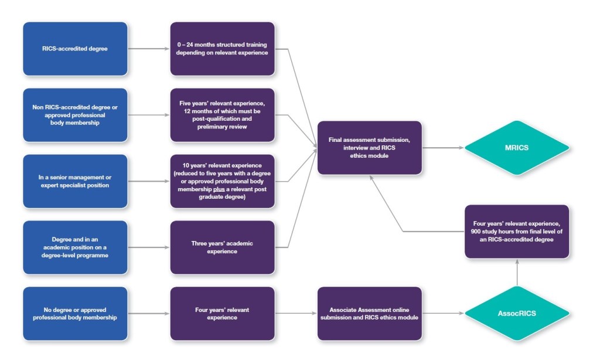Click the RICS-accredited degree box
pyautogui.click(x=75, y=49)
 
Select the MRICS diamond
pyautogui.click(x=516, y=148)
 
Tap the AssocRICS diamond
pyautogui.click(x=516, y=313)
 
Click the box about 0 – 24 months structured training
pyautogui.click(x=222, y=49)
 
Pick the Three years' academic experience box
pyautogui.click(x=222, y=247)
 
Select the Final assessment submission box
pyautogui.click(x=369, y=148)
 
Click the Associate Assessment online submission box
pyautogui.click(x=369, y=313)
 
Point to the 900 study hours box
pyautogui.click(x=517, y=231)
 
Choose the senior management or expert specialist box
pyautogui.click(x=75, y=181)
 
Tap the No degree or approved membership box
pyautogui.click(x=75, y=313)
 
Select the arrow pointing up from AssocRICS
pyautogui.click(x=517, y=273)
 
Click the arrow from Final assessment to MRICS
pyautogui.click(x=442, y=148)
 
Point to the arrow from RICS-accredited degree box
pyautogui.click(x=148, y=49)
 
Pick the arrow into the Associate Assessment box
pyautogui.click(x=296, y=313)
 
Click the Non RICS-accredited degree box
pyautogui.click(x=75, y=115)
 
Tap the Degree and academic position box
pyautogui.click(x=75, y=247)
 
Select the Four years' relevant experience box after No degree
pyautogui.click(x=222, y=313)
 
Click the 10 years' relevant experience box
pyautogui.click(x=222, y=181)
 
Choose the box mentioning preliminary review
pyautogui.click(x=222, y=115)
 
